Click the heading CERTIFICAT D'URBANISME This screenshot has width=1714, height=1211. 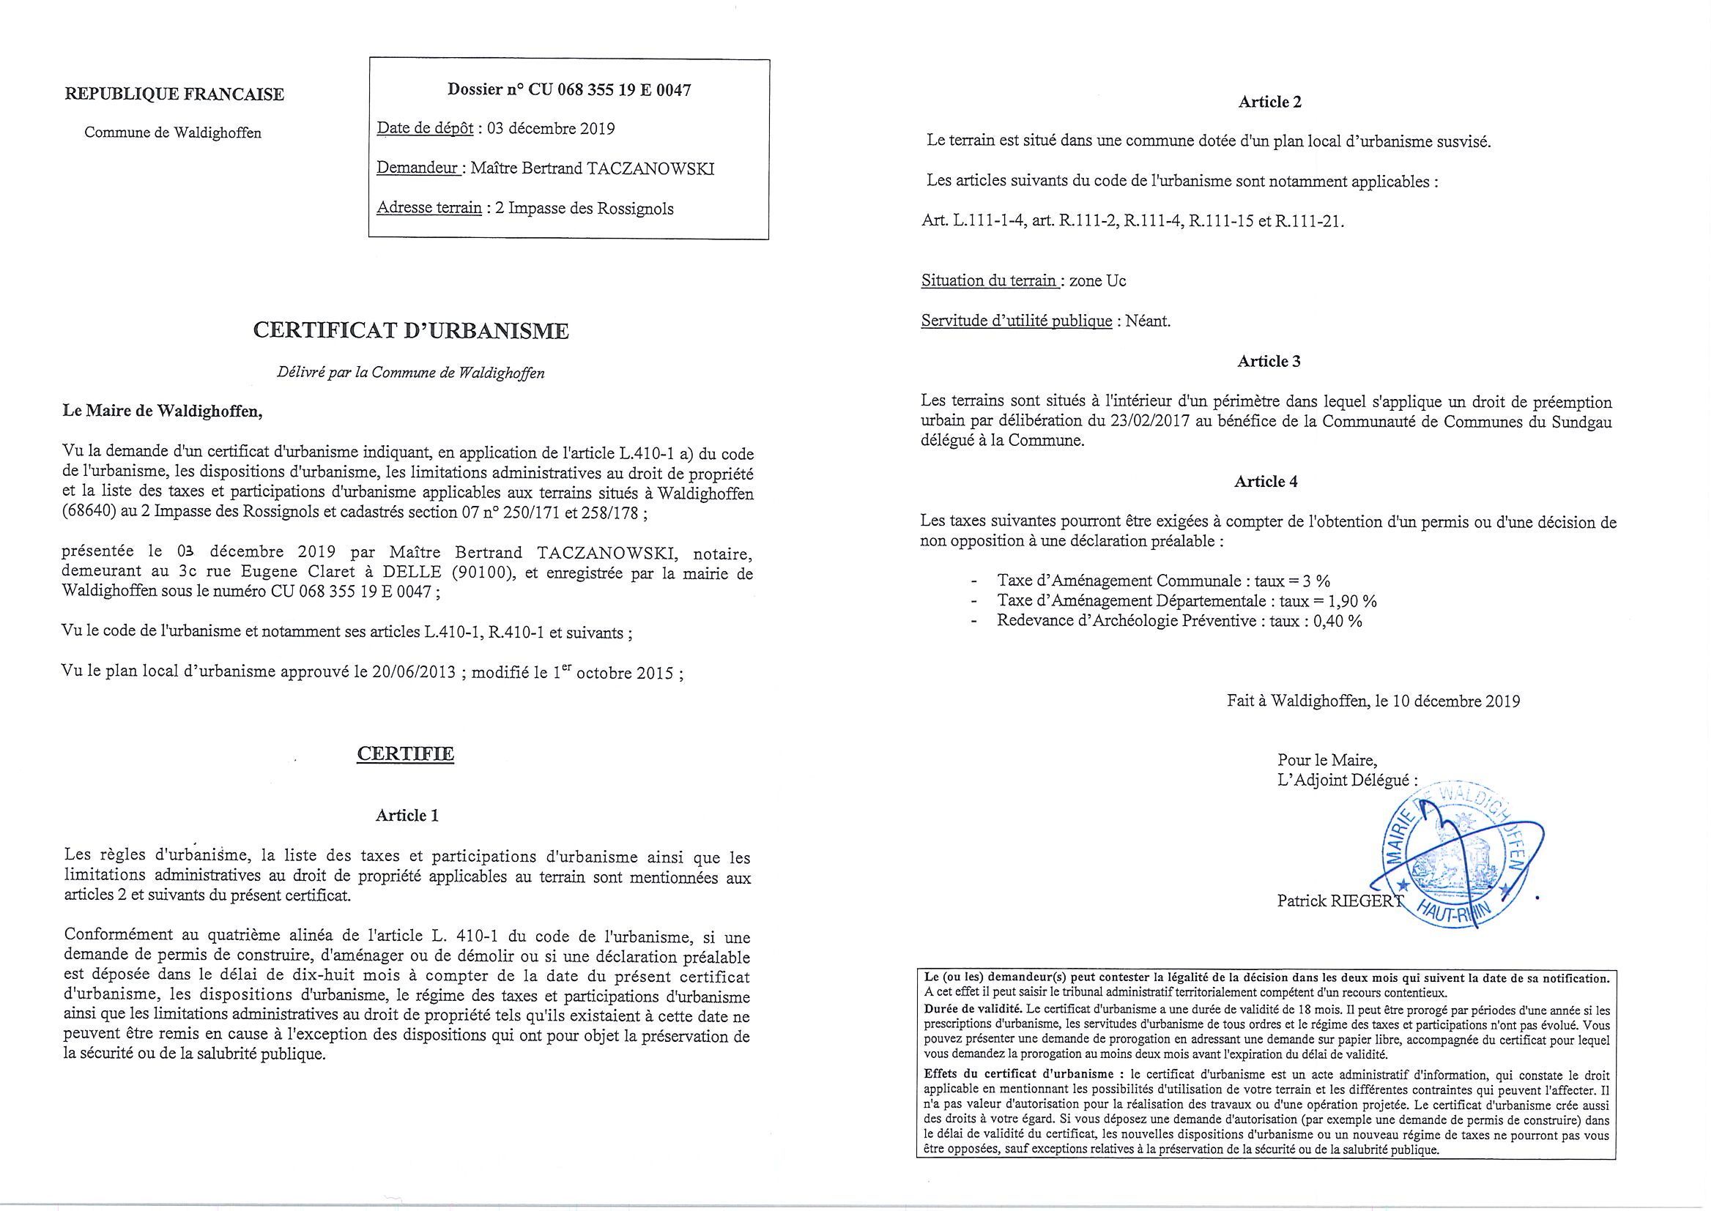pos(411,330)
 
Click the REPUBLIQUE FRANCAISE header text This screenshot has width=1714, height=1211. pos(174,94)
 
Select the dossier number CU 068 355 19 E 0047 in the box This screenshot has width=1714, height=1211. pos(609,90)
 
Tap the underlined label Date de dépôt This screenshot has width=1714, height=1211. pos(425,128)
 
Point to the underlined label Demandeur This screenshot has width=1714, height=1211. pos(418,168)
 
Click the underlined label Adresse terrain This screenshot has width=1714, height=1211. pos(429,208)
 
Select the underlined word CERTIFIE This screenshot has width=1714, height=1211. pos(405,753)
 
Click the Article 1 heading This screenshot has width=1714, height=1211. pos(407,816)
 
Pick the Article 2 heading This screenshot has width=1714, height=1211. pos(1269,103)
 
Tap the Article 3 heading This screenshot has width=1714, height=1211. pos(1269,362)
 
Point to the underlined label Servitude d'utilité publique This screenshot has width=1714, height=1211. pos(1016,321)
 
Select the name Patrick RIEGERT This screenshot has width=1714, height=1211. pos(1340,901)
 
